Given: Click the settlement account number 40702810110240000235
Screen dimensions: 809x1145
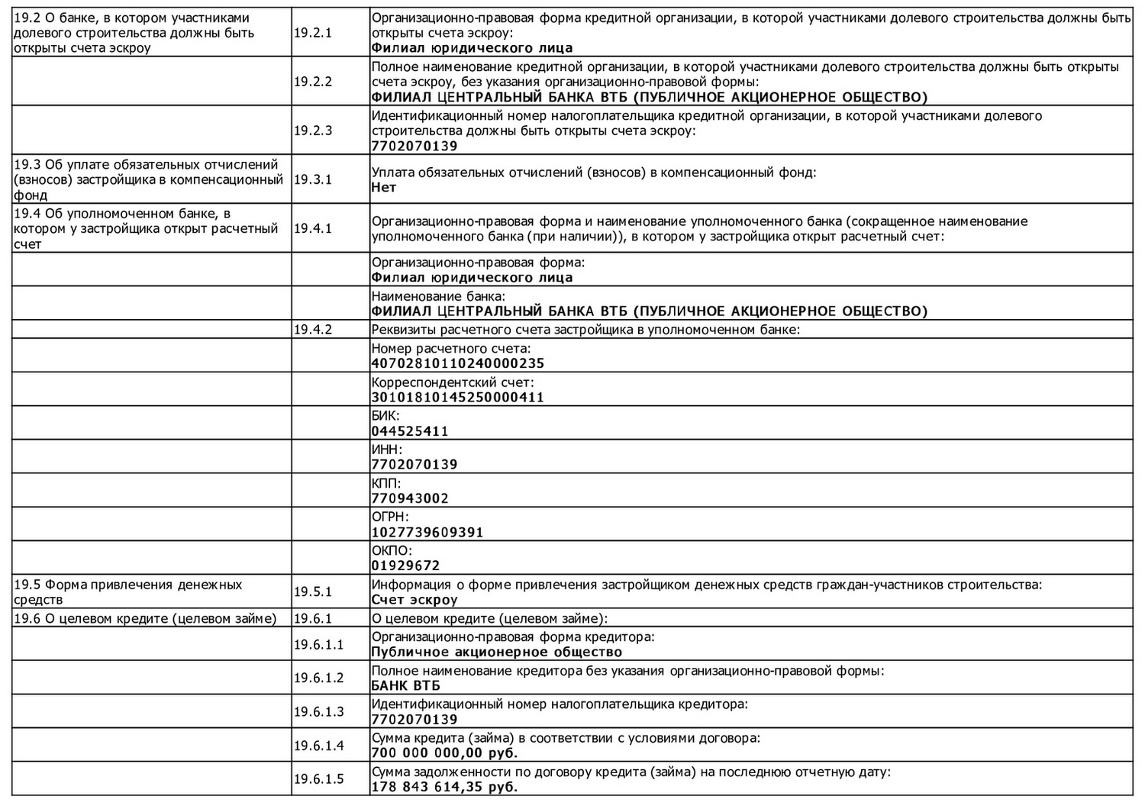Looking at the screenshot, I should click(457, 364).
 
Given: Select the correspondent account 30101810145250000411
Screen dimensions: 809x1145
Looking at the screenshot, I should click(457, 398).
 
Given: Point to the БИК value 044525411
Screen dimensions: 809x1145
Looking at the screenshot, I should click(410, 431).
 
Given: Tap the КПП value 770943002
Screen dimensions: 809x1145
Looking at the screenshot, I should click(410, 498).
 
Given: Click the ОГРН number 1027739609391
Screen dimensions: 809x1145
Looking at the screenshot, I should click(427, 533).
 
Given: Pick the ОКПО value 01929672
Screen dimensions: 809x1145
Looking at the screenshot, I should click(405, 566).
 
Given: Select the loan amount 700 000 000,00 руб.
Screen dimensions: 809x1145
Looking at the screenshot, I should click(444, 753).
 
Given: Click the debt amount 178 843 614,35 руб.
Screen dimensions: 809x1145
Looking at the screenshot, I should click(444, 787).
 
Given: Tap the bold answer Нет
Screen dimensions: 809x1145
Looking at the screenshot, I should click(384, 188).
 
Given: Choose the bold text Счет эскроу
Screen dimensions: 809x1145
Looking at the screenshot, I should click(414, 600).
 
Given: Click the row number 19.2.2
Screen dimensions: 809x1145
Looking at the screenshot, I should click(313, 82).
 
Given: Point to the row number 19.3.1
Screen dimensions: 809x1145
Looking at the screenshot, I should click(313, 179).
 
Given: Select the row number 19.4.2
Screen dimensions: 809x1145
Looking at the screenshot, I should click(313, 330).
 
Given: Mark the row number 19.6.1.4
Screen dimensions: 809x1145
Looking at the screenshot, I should click(319, 746).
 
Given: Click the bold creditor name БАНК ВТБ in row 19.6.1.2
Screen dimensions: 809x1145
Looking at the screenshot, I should click(405, 685).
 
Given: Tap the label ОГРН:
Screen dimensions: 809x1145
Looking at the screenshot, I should click(389, 517).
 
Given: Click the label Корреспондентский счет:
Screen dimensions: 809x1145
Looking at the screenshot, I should click(453, 382).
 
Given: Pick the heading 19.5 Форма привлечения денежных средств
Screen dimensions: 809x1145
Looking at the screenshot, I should click(127, 592).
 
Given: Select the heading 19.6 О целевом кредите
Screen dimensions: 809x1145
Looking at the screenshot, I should click(145, 618).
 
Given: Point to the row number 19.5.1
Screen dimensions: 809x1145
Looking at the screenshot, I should click(313, 592).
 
